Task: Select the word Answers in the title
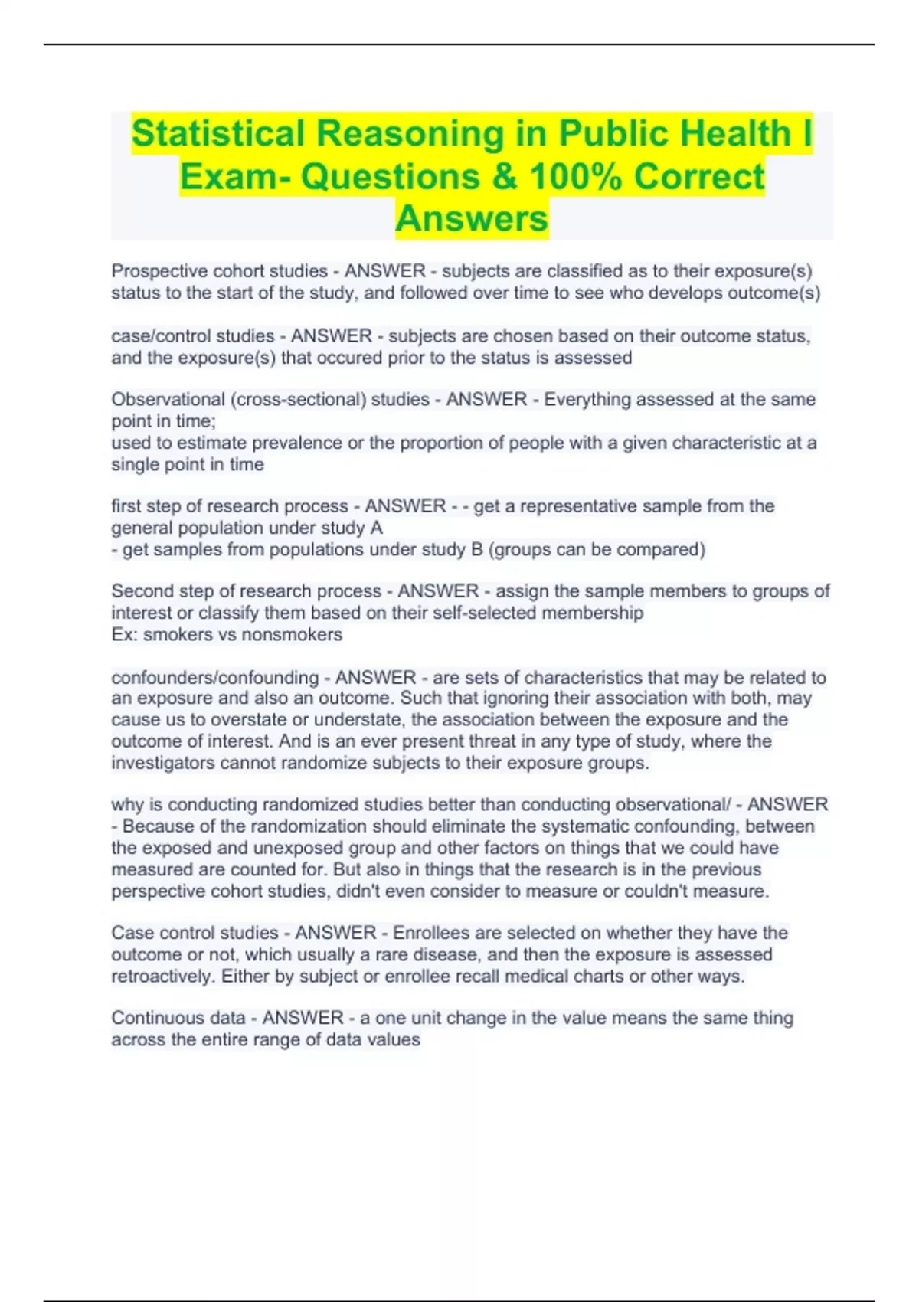pos(472,218)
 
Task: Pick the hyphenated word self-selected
pos(492,613)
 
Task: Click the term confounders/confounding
pos(215,677)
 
